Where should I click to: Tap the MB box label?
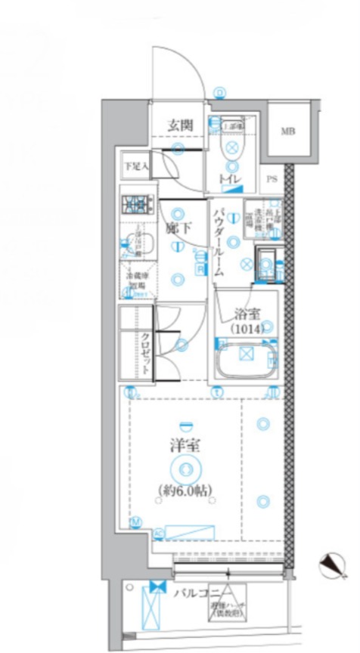coord(288,132)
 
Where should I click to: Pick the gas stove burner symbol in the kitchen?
coord(137,204)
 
